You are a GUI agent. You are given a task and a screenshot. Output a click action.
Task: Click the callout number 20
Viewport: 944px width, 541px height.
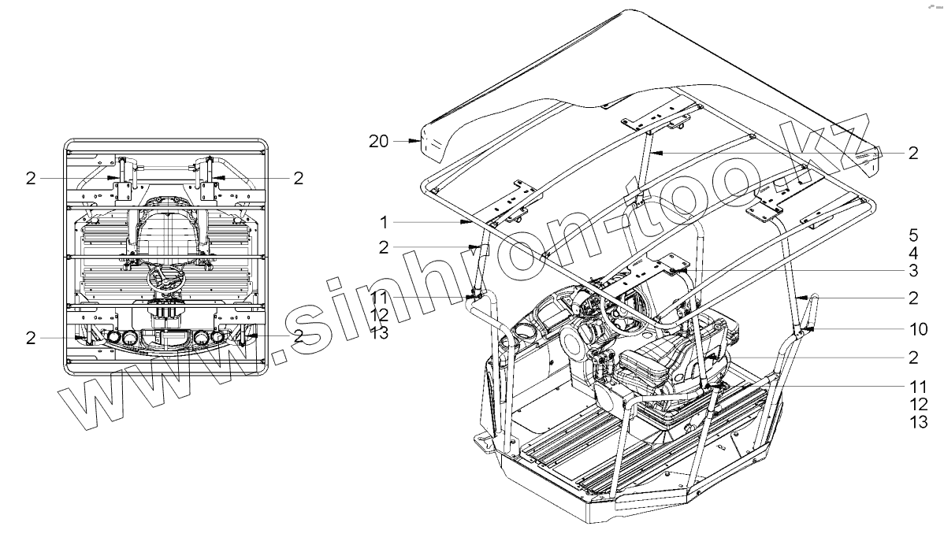[378, 141]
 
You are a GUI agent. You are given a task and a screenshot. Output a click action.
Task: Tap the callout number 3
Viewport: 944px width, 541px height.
[912, 270]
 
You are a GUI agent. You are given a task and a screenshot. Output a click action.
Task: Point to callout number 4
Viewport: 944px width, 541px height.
[912, 253]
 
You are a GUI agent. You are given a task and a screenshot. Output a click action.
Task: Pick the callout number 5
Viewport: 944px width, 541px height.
[912, 235]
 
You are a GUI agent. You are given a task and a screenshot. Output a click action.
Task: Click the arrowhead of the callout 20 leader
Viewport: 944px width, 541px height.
[421, 141]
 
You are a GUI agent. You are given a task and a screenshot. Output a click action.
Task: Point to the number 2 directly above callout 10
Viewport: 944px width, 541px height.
[912, 298]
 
